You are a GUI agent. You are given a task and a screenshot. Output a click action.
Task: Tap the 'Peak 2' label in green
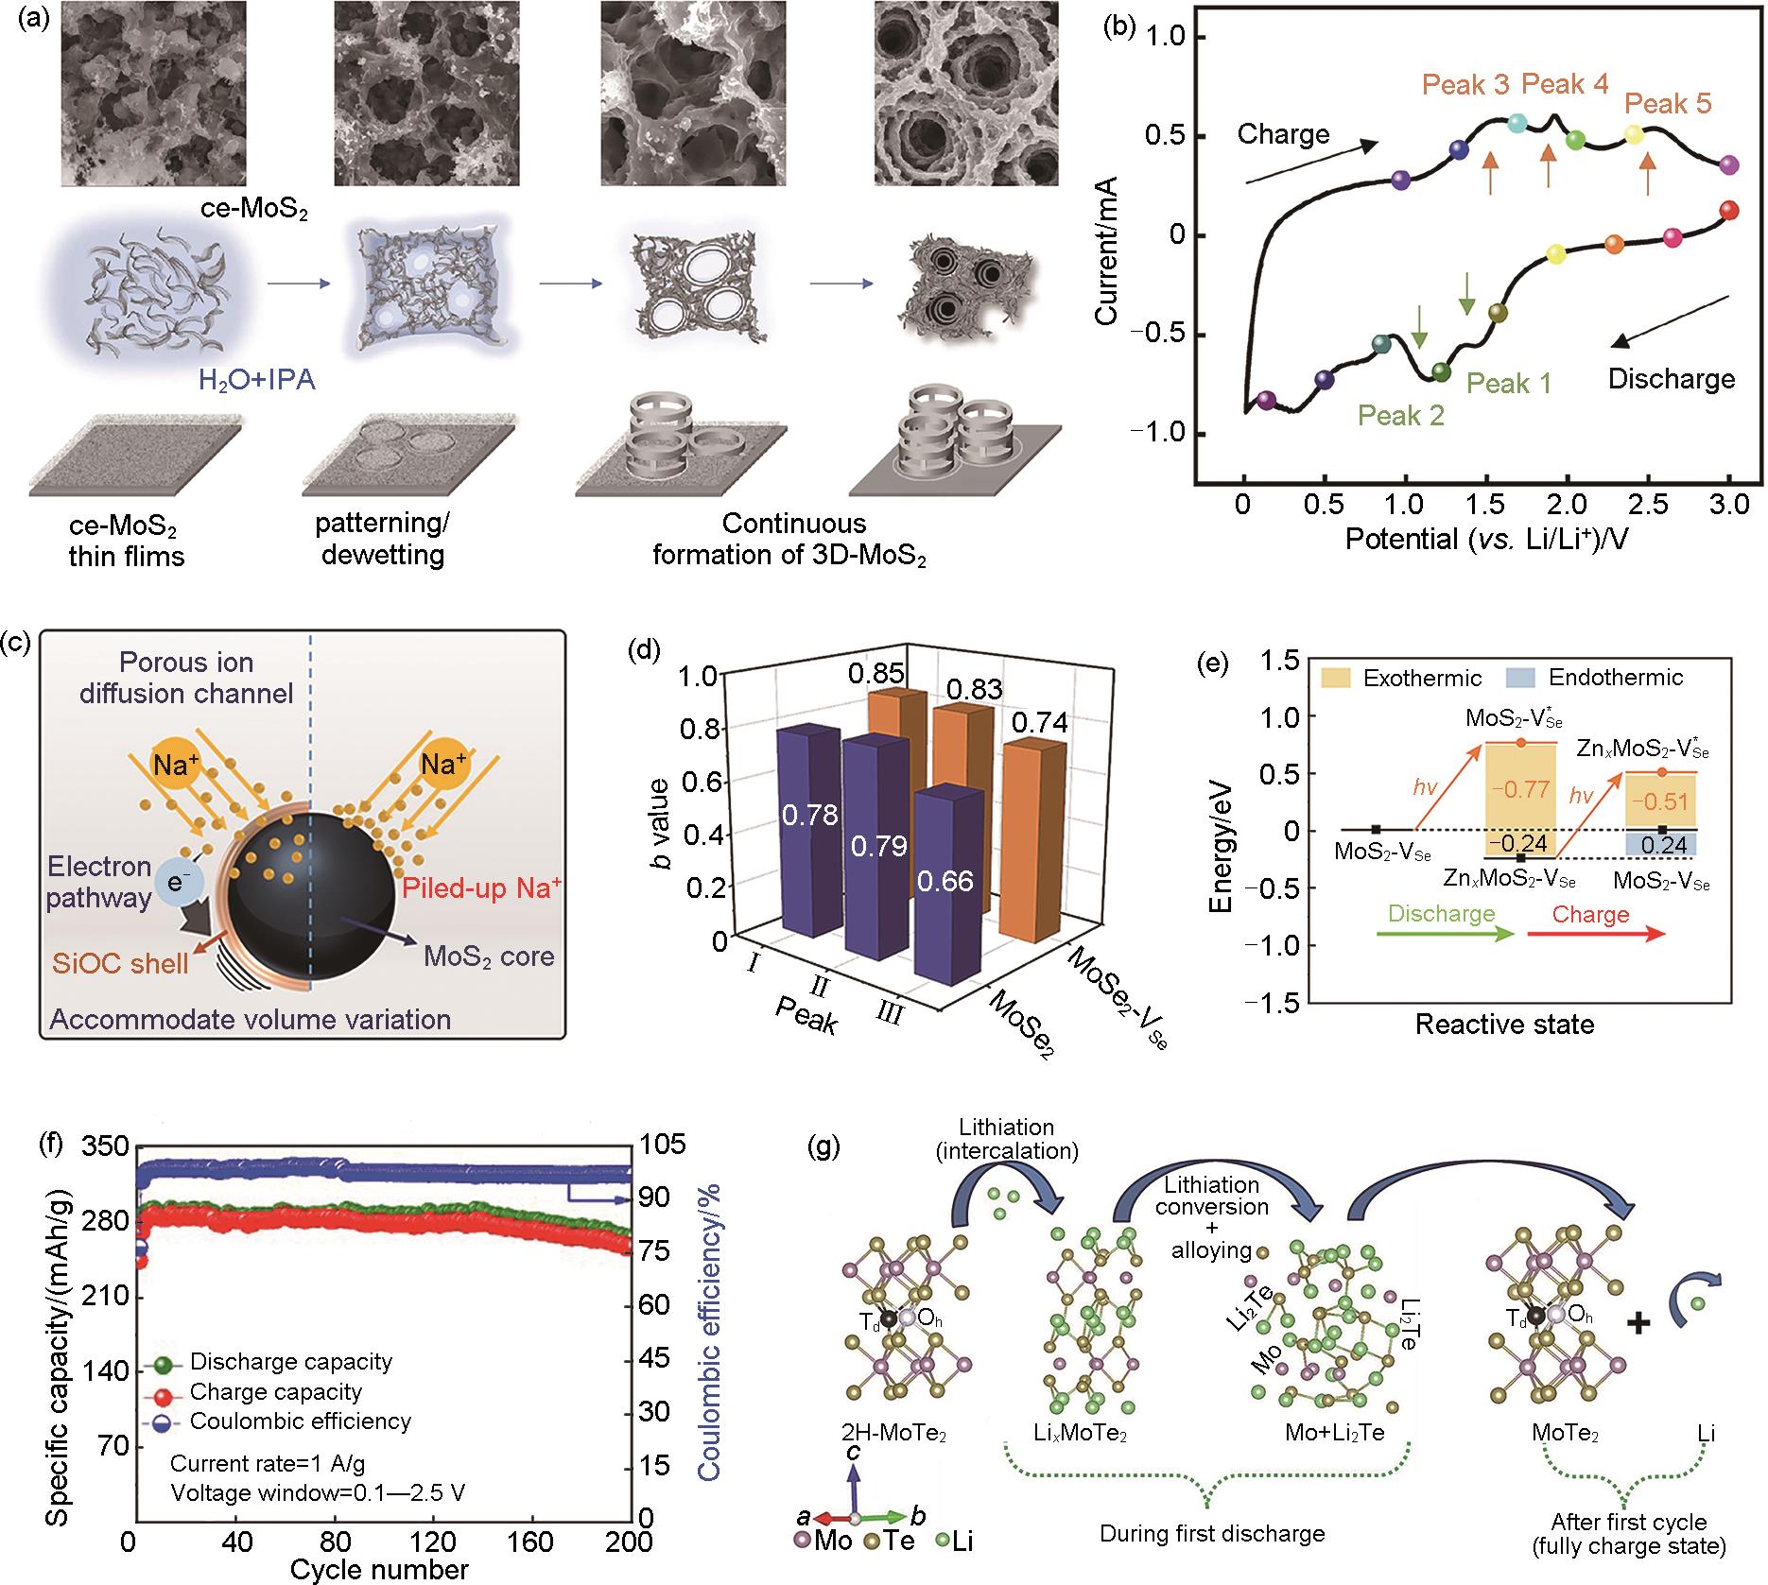[x=1401, y=416]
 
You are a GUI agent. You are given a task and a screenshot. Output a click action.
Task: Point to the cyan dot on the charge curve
[x=1517, y=123]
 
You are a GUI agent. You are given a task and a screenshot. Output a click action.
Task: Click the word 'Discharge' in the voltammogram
[x=1672, y=379]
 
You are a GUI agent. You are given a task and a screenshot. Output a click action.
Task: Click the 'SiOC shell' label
[x=120, y=963]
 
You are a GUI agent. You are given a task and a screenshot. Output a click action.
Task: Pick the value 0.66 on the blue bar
[x=945, y=882]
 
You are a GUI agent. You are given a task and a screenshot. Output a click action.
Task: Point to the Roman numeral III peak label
[x=889, y=1015]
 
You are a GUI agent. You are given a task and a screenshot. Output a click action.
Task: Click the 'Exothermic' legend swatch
[x=1338, y=678]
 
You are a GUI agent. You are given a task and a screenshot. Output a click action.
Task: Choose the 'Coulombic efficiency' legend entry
[x=300, y=1421]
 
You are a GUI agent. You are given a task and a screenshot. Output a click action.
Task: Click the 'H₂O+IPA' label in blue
[x=256, y=380]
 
